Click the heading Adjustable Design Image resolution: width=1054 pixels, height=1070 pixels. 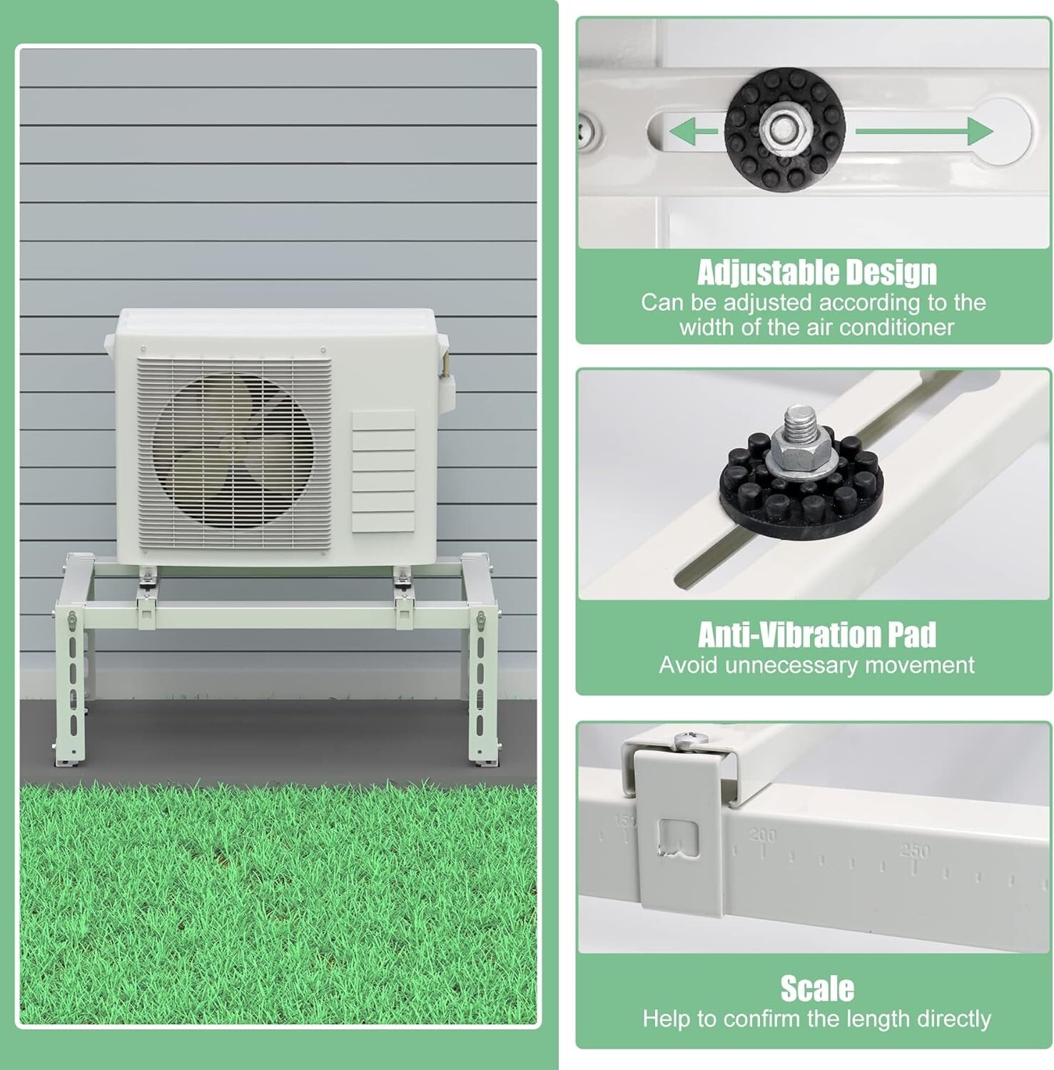click(x=816, y=272)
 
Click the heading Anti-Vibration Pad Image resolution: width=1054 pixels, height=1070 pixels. click(x=816, y=634)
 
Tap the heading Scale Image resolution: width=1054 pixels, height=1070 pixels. click(x=816, y=989)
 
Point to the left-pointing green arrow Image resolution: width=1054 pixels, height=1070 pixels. click(x=692, y=132)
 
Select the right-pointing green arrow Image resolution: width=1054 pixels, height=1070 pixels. click(x=924, y=132)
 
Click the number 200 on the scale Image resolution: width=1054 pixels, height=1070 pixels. click(x=763, y=835)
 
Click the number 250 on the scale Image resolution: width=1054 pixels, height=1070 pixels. click(x=915, y=852)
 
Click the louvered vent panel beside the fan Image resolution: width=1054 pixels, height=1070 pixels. click(x=383, y=471)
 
